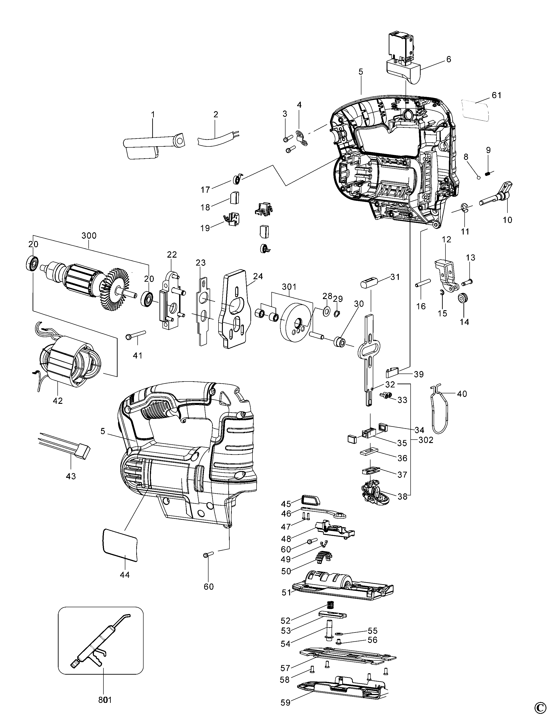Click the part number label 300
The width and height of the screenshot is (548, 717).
(89, 236)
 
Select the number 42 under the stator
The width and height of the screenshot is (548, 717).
(58, 400)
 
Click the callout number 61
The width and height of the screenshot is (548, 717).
(497, 95)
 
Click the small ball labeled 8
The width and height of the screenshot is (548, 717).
(479, 177)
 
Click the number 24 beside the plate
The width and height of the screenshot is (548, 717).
(258, 276)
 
